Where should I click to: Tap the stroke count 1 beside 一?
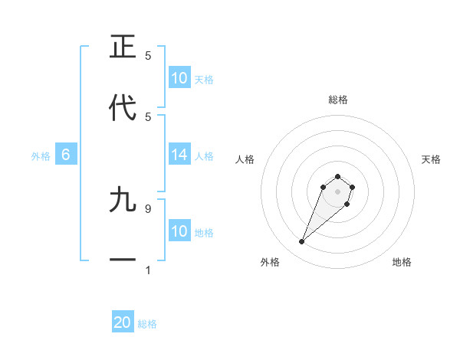pos(148,270)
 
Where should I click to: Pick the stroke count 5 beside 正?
pos(148,56)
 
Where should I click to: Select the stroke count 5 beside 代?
pos(148,116)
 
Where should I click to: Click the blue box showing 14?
pos(179,155)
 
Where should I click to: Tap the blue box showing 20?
pos(123,322)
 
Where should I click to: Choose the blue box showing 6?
pos(66,155)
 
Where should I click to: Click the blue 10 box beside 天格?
pos(179,78)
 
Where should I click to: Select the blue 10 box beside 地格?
pos(179,231)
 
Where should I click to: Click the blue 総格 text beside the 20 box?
pos(147,324)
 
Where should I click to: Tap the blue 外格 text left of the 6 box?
pos(41,156)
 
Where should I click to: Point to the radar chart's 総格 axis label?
pos(337,100)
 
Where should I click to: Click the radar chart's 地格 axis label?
pos(402,262)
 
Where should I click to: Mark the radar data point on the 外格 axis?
pos(302,242)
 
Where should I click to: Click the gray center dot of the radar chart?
pos(337,191)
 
